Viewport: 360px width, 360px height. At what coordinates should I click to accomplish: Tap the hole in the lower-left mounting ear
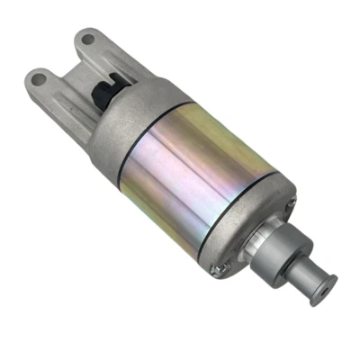pyautogui.click(x=39, y=78)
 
